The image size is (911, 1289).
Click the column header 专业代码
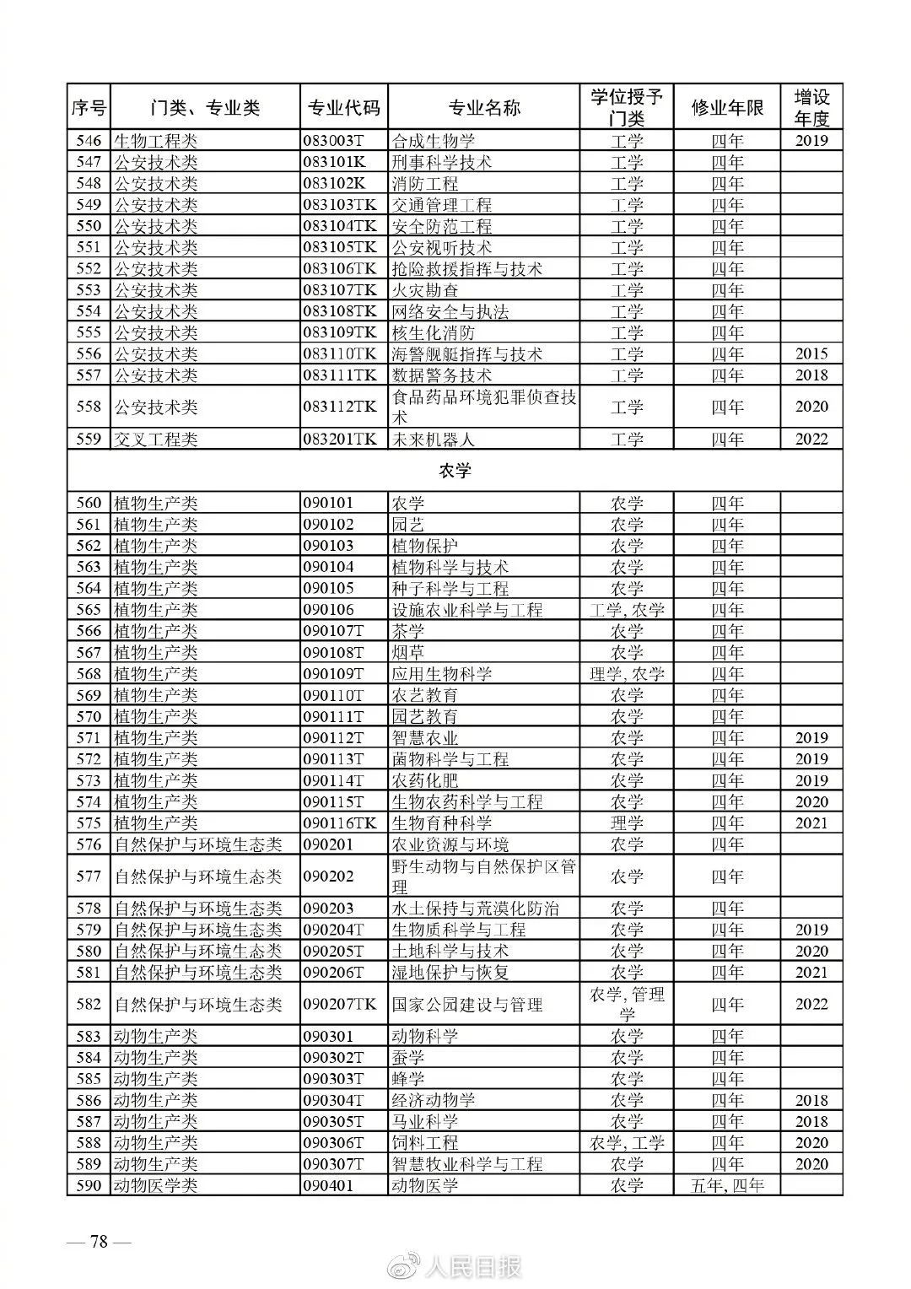pos(344,108)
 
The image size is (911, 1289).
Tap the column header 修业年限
pos(727,108)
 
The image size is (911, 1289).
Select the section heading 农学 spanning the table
pos(455,471)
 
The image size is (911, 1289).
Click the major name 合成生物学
pos(434,141)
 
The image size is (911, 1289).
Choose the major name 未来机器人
pos(434,439)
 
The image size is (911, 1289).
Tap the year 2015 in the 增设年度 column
pos(811,354)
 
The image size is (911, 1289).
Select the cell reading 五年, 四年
pos(727,1185)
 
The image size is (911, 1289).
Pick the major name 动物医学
pos(425,1185)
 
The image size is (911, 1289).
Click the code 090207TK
pos(340,1005)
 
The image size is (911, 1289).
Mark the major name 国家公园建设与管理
pos(467,1005)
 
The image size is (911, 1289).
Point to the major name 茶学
pos(408,631)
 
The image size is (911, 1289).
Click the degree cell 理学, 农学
pos(627,674)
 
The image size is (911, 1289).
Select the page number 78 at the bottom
pos(100,1242)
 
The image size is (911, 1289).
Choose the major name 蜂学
pos(408,1079)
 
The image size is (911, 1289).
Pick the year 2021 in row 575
pos(811,823)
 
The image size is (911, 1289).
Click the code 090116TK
pos(340,823)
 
